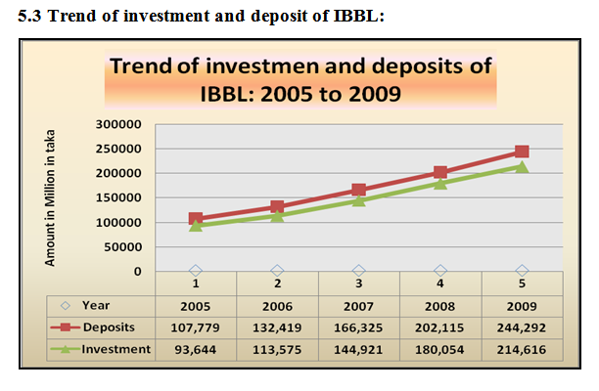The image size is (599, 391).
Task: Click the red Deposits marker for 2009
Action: tap(522, 152)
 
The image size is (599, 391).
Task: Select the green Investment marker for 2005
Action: tap(196, 226)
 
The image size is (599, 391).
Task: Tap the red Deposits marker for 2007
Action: tap(358, 190)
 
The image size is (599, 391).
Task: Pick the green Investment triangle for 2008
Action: tap(440, 183)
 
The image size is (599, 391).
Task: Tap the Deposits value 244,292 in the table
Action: tap(522, 326)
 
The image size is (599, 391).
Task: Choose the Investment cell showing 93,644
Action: tap(196, 349)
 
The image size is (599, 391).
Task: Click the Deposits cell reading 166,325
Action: tap(358, 326)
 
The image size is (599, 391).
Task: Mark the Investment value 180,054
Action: tap(440, 349)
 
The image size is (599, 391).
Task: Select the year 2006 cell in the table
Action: tap(277, 305)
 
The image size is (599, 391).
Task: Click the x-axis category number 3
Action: tap(358, 284)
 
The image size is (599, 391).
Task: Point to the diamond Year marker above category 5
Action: tap(522, 271)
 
